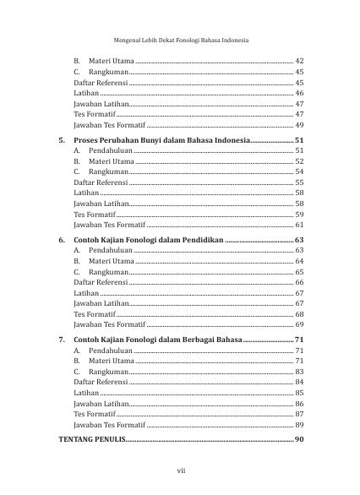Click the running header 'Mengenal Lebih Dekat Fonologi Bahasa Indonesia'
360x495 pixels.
click(179, 40)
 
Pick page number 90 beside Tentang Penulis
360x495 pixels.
click(298, 440)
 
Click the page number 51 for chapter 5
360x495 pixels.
click(298, 139)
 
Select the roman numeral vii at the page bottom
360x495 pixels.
click(180, 471)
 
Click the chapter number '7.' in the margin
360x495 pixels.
click(62, 339)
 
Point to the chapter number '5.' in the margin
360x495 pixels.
click(62, 139)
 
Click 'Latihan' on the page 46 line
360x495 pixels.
click(86, 94)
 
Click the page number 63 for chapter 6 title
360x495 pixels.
click(298, 240)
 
